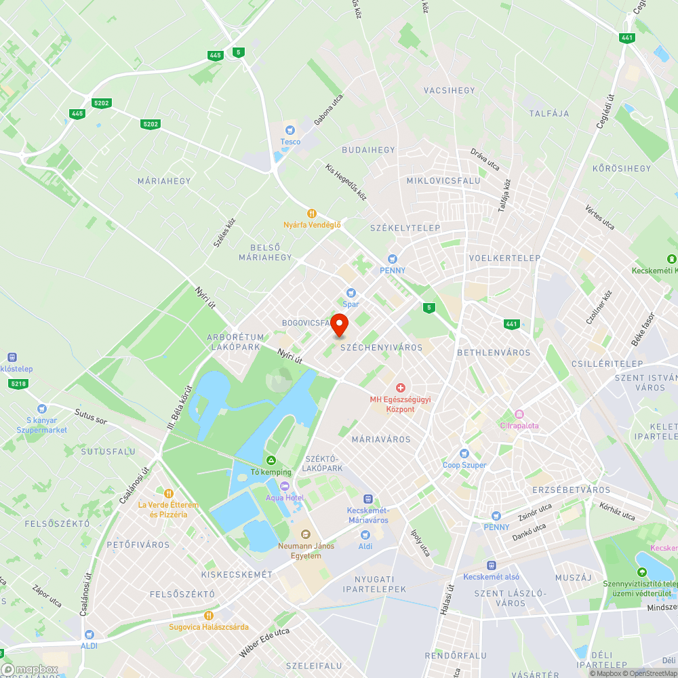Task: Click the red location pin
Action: coord(339,325)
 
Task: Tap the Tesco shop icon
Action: coord(290,130)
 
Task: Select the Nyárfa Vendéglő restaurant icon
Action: coord(312,213)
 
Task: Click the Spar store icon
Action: coord(351,292)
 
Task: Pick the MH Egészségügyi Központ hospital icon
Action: coord(401,388)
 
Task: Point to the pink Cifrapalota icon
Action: coord(519,414)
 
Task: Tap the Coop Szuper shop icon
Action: coord(464,453)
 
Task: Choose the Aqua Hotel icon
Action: coord(285,486)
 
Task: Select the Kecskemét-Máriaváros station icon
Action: coord(367,498)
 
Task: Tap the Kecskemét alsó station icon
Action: coord(492,565)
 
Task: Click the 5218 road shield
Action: coord(18,384)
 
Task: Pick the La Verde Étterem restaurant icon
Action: coord(169,494)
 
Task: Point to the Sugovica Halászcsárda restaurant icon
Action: coord(209,616)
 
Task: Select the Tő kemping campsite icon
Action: coord(271,460)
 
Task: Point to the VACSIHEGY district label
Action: coord(450,90)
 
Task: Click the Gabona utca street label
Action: coord(328,109)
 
